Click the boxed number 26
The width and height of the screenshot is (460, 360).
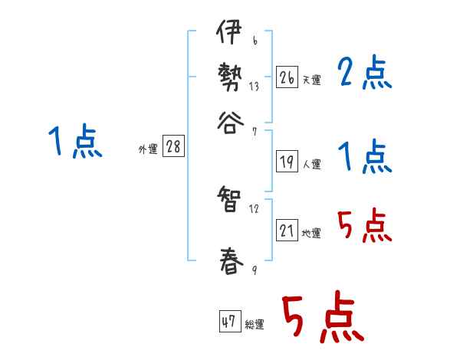click(x=287, y=77)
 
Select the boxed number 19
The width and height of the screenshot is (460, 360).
click(x=287, y=162)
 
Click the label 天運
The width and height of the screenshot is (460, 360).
click(x=311, y=80)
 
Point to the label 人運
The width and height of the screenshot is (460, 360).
click(x=311, y=164)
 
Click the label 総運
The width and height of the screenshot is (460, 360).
click(x=255, y=324)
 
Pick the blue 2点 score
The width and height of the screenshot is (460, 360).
click(x=365, y=74)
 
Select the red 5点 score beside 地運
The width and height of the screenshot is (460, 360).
click(x=365, y=227)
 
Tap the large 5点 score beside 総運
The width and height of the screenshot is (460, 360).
click(x=322, y=319)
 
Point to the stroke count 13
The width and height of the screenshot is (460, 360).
click(x=254, y=87)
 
